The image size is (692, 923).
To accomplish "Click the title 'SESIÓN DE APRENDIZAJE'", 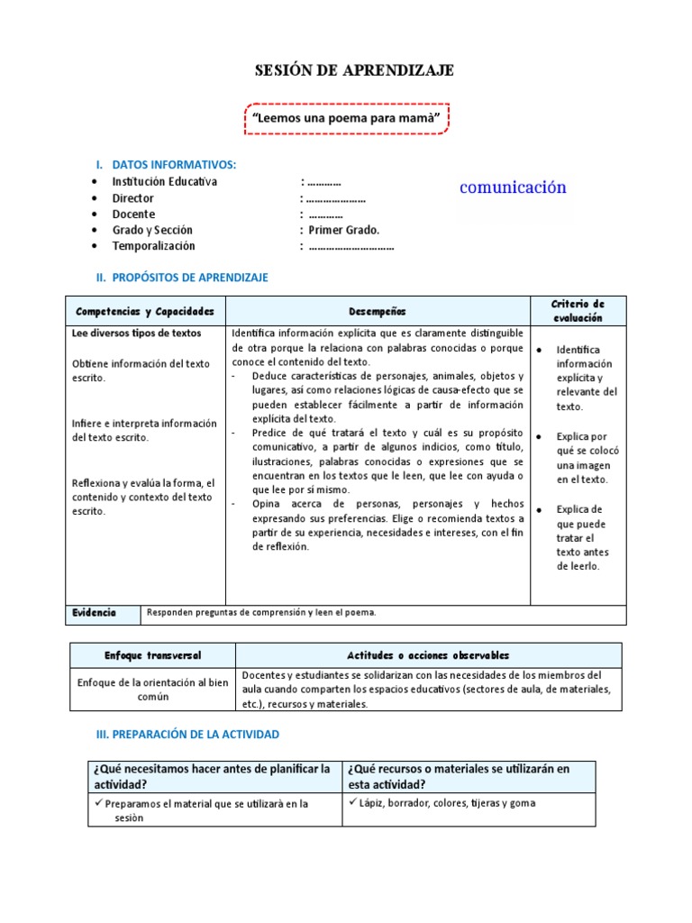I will pyautogui.click(x=346, y=70).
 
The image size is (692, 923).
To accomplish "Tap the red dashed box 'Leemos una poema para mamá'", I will pyautogui.click(x=346, y=118).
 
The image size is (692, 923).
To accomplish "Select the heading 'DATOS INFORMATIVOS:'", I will pyautogui.click(x=174, y=165).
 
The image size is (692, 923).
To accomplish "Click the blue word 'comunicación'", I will pyautogui.click(x=513, y=187).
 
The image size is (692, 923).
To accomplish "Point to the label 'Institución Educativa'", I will pyautogui.click(x=164, y=181).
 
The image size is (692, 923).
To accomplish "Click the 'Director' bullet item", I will pyautogui.click(x=132, y=198).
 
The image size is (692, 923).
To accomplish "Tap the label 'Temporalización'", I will pyautogui.click(x=153, y=246).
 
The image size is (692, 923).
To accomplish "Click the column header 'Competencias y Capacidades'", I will pyautogui.click(x=145, y=311).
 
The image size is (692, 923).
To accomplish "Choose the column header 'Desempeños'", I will pyautogui.click(x=378, y=311).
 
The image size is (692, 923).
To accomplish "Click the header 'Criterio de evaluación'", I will pyautogui.click(x=578, y=311).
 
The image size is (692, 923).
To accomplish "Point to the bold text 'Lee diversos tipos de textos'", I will pyautogui.click(x=136, y=333).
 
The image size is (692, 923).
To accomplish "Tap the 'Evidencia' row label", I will pyautogui.click(x=94, y=613).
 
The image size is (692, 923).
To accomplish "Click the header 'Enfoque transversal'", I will pyautogui.click(x=152, y=654).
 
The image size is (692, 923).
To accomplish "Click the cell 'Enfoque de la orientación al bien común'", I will pyautogui.click(x=152, y=690).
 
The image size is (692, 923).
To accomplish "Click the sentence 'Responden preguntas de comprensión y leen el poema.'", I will pyautogui.click(x=261, y=613).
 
